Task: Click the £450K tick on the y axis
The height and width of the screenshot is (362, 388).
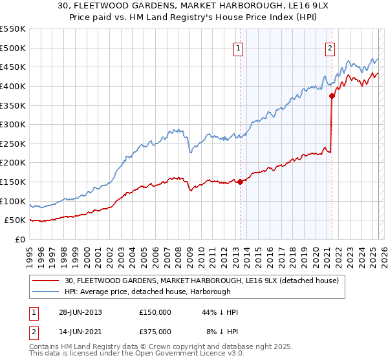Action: pyautogui.click(x=13, y=67)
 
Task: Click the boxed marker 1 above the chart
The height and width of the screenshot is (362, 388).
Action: pyautogui.click(x=239, y=47)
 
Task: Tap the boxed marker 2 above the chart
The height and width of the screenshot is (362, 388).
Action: pyautogui.click(x=330, y=47)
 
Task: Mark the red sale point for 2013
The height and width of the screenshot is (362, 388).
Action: pyautogui.click(x=241, y=182)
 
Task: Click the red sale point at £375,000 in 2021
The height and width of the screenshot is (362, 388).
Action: pyautogui.click(x=332, y=96)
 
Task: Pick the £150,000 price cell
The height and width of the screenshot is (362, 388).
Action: pyautogui.click(x=155, y=312)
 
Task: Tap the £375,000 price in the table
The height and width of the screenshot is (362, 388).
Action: pyautogui.click(x=155, y=331)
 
